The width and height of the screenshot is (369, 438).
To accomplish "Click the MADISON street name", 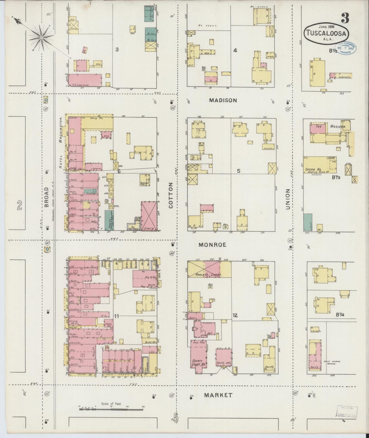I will (223, 100).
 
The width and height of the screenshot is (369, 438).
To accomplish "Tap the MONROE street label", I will (212, 245).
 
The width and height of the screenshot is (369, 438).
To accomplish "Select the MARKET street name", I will (218, 395).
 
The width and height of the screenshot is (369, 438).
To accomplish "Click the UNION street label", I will (288, 203).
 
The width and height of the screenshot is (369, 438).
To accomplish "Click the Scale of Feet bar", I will (112, 409).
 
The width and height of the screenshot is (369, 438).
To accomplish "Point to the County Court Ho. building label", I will (197, 363).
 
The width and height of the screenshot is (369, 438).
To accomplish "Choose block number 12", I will (235, 315).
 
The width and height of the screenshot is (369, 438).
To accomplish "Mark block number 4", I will (235, 50).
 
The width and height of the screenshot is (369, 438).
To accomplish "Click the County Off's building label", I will (223, 363).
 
